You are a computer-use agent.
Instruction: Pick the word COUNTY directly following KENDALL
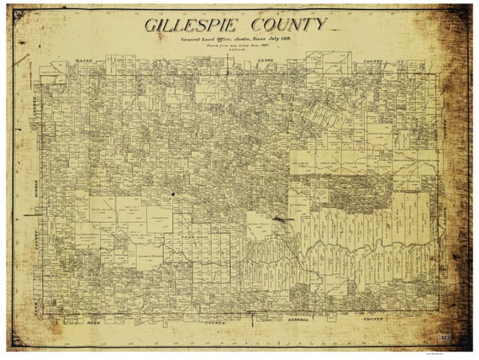point(372,321)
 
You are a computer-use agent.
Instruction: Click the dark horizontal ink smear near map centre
point(283,219)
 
